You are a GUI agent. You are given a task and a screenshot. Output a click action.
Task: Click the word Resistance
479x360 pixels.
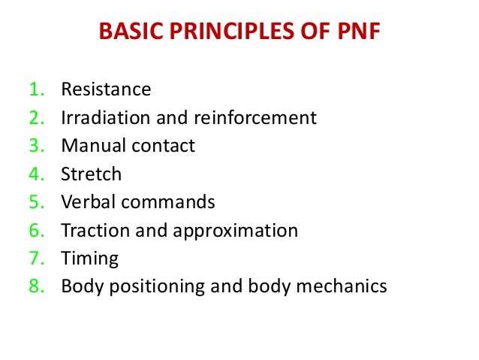(x=106, y=90)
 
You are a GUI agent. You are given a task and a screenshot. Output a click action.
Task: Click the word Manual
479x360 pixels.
(x=89, y=146)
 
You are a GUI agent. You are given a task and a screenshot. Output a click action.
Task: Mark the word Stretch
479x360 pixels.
(x=91, y=174)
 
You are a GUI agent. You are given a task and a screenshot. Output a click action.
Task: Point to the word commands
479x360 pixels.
(x=169, y=202)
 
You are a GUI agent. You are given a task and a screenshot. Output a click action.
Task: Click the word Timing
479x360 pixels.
(x=89, y=259)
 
